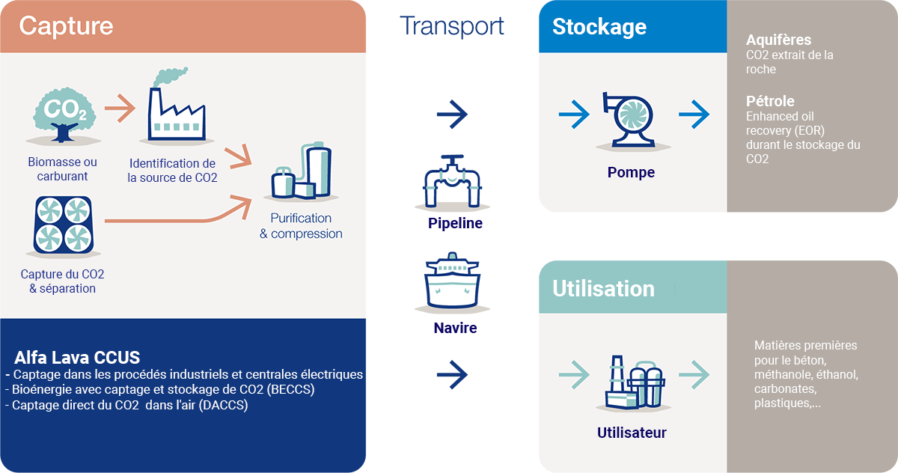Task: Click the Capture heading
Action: click(66, 26)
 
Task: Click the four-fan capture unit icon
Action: click(63, 225)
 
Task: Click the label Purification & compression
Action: click(301, 226)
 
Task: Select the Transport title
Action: click(451, 25)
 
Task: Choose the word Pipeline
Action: click(455, 223)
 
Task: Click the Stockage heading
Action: click(599, 27)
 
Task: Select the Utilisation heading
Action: click(603, 288)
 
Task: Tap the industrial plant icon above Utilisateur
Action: click(633, 381)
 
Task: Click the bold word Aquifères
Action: click(778, 40)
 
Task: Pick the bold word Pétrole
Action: click(770, 101)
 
